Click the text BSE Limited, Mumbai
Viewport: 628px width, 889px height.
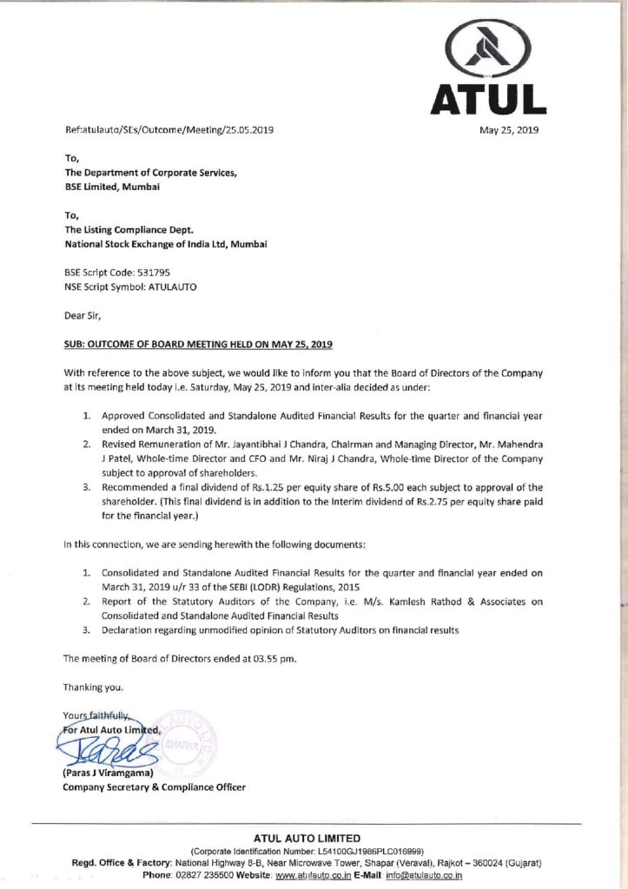point(112,187)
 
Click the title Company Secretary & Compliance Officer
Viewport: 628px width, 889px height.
point(155,787)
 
